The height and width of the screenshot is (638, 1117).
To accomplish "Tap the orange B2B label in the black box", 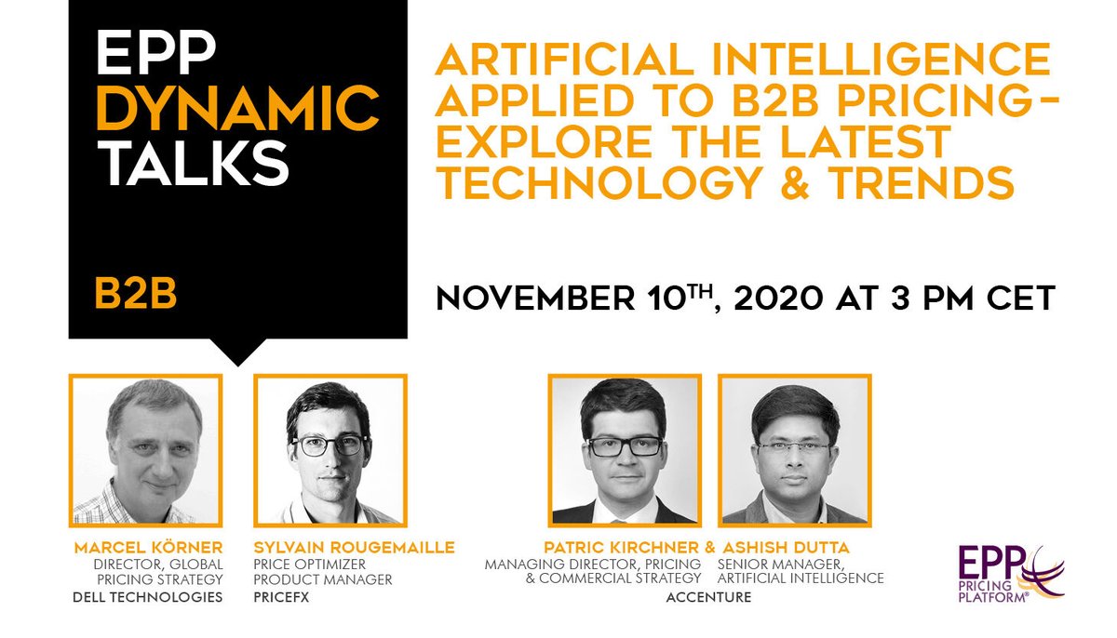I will (137, 292).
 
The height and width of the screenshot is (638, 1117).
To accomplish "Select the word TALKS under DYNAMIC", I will (192, 164).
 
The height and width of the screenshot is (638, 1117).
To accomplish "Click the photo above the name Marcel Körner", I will (146, 450).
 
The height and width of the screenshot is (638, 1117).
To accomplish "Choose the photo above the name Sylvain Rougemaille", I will (331, 450).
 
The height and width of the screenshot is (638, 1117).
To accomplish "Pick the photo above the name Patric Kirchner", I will (623, 450).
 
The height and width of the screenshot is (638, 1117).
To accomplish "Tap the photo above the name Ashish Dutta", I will (794, 450).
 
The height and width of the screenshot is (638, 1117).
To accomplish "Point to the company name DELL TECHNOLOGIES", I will (148, 596).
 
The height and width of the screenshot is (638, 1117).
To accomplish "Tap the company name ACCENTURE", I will (708, 596).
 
